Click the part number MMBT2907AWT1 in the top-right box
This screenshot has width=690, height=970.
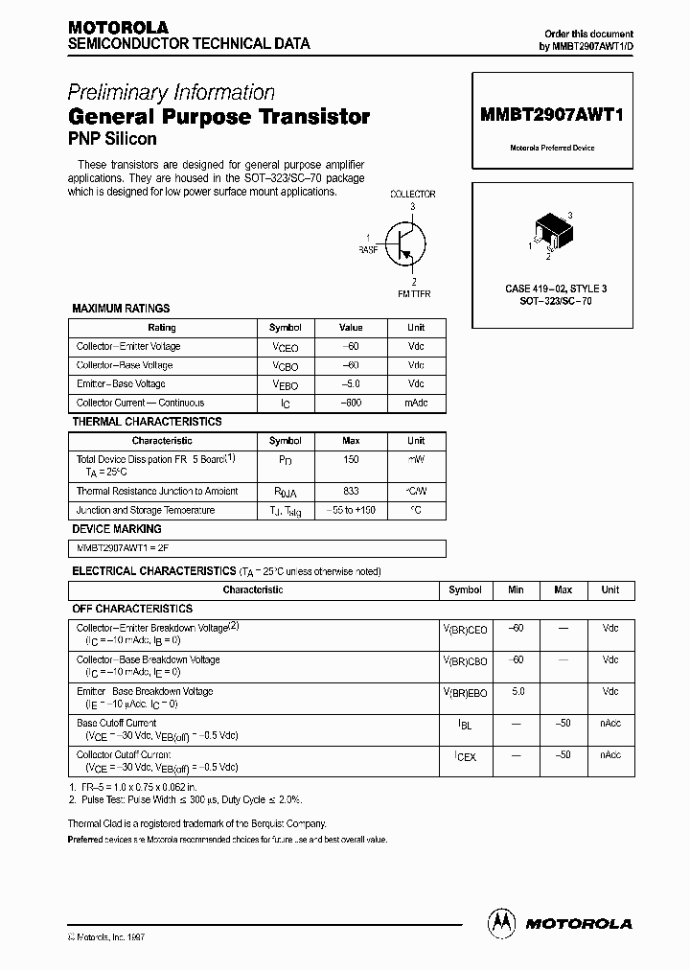(551, 114)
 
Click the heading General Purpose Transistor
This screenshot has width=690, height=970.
(218, 117)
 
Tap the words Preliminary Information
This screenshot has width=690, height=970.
(171, 93)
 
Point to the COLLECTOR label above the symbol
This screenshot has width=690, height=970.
(412, 194)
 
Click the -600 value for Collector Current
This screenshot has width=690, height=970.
(351, 404)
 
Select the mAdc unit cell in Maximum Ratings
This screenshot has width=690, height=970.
(416, 404)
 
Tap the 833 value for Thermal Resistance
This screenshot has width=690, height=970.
(351, 492)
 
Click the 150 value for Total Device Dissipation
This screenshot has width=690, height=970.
(351, 460)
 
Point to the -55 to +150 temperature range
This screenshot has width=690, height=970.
(351, 511)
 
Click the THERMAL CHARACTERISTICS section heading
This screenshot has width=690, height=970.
(147, 422)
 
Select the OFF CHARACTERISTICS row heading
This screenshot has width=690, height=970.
(132, 609)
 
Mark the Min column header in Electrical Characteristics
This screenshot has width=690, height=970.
(516, 590)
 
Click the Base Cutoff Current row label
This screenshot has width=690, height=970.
(116, 723)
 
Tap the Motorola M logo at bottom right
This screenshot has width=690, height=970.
(501, 922)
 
